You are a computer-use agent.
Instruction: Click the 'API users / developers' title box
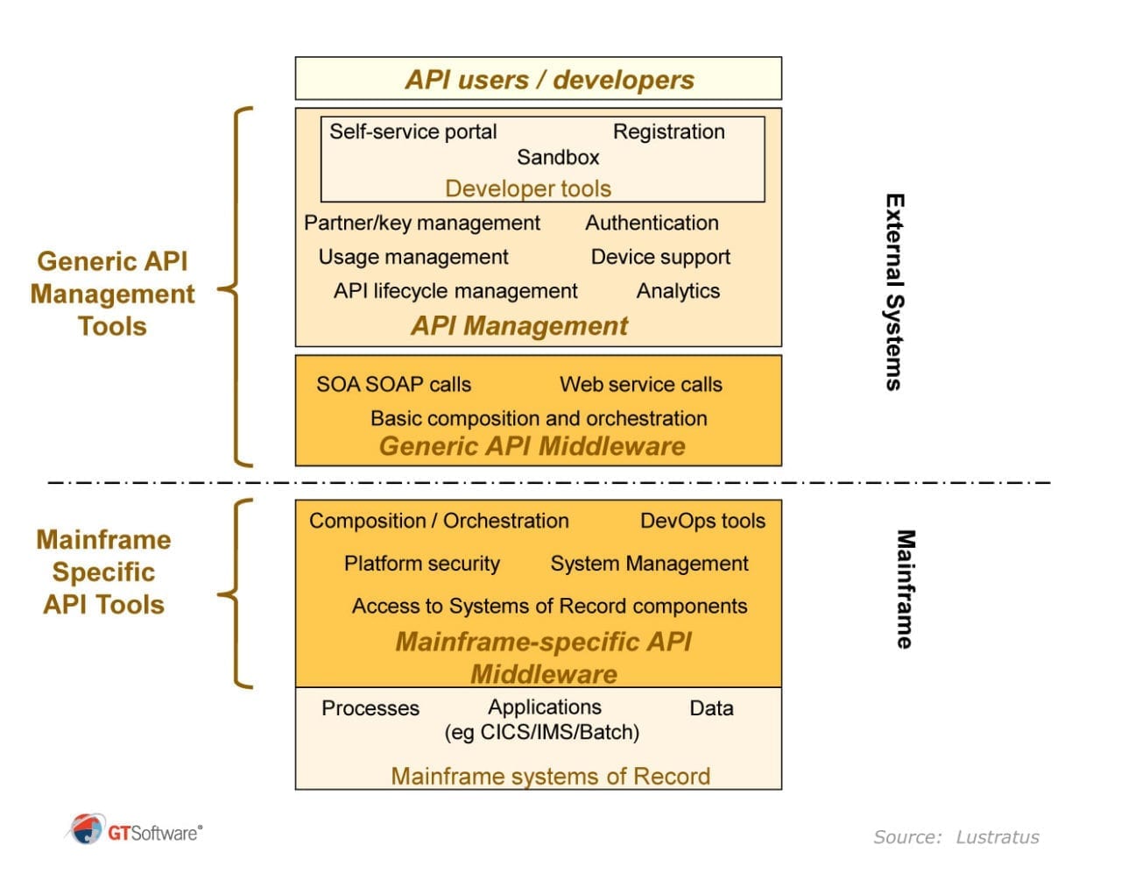click(538, 79)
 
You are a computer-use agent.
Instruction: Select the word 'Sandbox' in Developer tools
click(558, 158)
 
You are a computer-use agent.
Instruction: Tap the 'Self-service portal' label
click(412, 131)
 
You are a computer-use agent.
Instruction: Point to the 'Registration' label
click(668, 131)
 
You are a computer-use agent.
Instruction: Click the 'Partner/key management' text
click(421, 223)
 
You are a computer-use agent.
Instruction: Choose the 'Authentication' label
click(652, 223)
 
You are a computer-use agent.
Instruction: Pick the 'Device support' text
click(660, 257)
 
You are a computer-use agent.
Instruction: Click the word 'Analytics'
click(678, 291)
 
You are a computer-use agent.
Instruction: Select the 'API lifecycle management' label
click(455, 291)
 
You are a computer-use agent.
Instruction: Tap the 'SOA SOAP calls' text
click(393, 384)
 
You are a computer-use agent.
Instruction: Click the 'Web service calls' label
click(640, 384)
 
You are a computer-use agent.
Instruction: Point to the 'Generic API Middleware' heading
click(532, 446)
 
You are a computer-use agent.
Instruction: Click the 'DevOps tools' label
click(702, 521)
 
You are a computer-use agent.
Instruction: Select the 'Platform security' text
click(421, 564)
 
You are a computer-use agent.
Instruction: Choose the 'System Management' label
click(649, 564)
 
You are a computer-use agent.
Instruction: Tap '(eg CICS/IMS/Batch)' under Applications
click(541, 732)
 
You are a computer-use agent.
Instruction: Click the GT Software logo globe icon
click(86, 828)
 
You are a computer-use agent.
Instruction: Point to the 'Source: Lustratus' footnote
click(955, 837)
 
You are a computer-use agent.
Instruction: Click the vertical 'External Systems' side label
click(893, 292)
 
